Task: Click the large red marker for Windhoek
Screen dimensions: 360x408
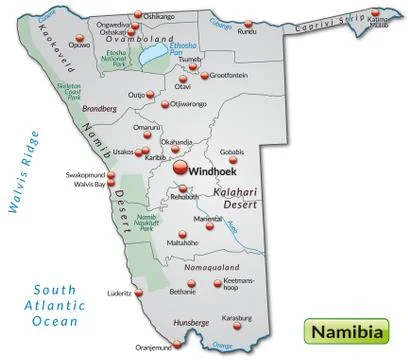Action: pyautogui.click(x=181, y=170)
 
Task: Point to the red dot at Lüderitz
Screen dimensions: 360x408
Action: pyautogui.click(x=139, y=293)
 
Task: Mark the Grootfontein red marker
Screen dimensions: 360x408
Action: pyautogui.click(x=206, y=75)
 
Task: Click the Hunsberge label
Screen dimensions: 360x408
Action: pyautogui.click(x=190, y=322)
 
